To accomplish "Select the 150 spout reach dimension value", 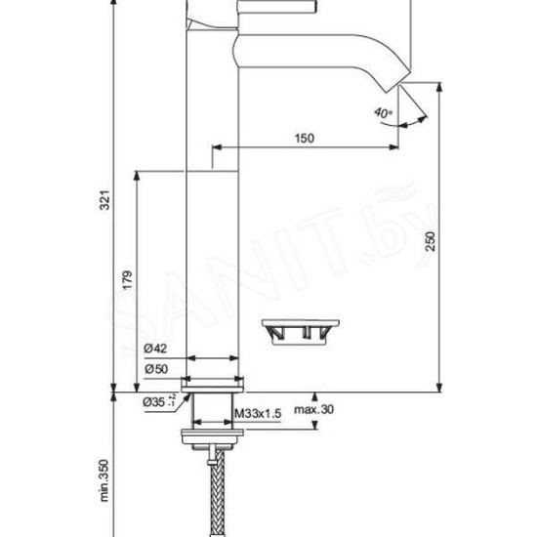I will (x=304, y=139).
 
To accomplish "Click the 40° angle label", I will (x=383, y=112).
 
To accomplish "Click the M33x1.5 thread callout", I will (x=259, y=414).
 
